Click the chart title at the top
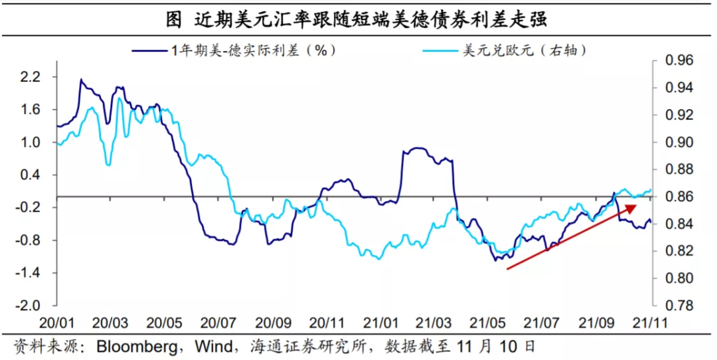[357, 20]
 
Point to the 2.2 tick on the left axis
[32, 77]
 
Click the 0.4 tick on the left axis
[32, 175]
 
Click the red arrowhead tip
[637, 205]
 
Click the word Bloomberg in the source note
[137, 347]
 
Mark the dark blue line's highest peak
[81, 79]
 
